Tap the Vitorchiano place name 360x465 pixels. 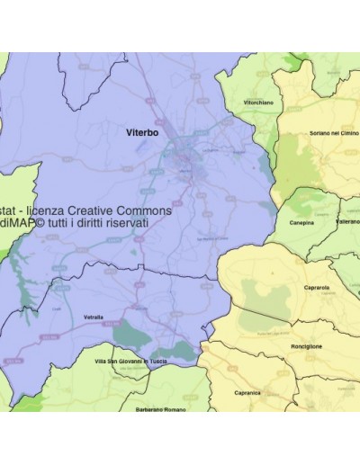[x=258, y=103]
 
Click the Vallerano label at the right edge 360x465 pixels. [x=346, y=220]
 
